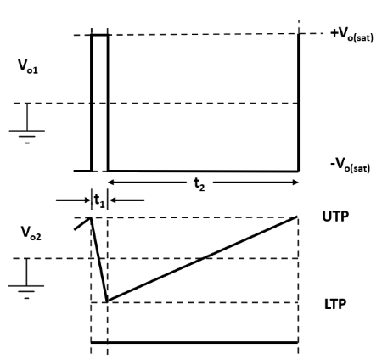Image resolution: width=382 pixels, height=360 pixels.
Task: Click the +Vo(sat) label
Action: pyautogui.click(x=351, y=35)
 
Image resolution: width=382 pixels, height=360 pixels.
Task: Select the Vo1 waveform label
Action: pyautogui.click(x=28, y=67)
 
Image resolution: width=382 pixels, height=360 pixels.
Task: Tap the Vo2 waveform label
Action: pyautogui.click(x=31, y=233)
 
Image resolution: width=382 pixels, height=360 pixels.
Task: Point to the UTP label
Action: pyautogui.click(x=335, y=217)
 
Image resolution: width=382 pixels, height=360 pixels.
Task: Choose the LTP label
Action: pyautogui.click(x=335, y=304)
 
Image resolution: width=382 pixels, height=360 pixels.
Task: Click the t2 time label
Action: pyautogui.click(x=199, y=184)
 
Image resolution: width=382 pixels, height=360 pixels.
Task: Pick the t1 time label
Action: pyautogui.click(x=99, y=200)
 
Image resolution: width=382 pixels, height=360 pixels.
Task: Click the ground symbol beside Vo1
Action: pyautogui.click(x=27, y=124)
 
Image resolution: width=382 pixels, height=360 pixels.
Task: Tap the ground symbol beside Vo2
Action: pyautogui.click(x=26, y=278)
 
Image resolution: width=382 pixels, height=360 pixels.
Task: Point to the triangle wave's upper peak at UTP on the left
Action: pyautogui.click(x=91, y=217)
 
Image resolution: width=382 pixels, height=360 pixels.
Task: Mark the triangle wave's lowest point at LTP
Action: pyautogui.click(x=107, y=301)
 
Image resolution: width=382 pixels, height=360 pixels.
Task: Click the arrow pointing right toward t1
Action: pyautogui.click(x=73, y=200)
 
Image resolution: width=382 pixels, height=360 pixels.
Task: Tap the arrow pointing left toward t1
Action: pyautogui.click(x=126, y=200)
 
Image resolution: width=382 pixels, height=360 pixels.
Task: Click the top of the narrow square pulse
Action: pyautogui.click(x=99, y=35)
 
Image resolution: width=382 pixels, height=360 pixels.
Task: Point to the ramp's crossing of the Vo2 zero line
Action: pyautogui.click(x=204, y=258)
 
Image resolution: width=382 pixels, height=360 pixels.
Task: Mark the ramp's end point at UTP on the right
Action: pyautogui.click(x=297, y=217)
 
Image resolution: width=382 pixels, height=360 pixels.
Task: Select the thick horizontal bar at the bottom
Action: pyautogui.click(x=194, y=342)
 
